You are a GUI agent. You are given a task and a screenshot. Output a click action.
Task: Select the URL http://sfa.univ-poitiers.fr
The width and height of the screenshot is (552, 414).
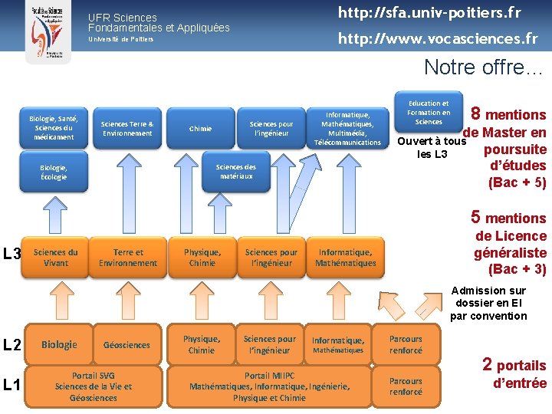[x=429, y=13]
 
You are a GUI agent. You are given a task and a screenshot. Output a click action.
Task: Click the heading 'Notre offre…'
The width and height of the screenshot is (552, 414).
[x=483, y=67]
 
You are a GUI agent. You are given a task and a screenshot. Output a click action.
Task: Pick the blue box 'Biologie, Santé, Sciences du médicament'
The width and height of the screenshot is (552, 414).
[x=53, y=128]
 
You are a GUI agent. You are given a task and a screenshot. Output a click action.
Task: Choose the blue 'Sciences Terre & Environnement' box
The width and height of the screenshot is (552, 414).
[x=127, y=128]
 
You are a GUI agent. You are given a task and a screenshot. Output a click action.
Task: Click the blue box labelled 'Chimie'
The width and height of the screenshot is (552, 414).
[x=200, y=129]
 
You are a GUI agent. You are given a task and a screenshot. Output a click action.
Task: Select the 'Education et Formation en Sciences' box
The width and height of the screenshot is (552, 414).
[x=429, y=113]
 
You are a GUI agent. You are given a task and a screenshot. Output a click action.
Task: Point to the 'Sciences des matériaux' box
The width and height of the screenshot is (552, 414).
[x=235, y=171]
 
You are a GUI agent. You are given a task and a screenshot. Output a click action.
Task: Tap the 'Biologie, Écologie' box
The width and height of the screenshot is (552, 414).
[x=54, y=172]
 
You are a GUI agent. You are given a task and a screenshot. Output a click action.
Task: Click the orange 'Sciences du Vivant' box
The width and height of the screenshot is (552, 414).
[x=56, y=258]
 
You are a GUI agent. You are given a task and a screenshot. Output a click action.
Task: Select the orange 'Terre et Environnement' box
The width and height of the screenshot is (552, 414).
[x=127, y=258]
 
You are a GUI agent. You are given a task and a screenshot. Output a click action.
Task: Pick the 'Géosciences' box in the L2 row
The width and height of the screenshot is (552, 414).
[x=127, y=345]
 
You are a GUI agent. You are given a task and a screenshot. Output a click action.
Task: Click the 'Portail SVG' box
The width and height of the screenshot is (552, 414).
[x=94, y=386]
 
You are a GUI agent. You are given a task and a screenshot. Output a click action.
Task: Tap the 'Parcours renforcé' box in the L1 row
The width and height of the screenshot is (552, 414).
[x=406, y=386]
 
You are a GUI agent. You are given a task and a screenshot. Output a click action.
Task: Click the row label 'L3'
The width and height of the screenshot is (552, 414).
[x=11, y=253]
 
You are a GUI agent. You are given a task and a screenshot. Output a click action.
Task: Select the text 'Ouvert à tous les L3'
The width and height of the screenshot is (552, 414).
[x=432, y=147]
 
